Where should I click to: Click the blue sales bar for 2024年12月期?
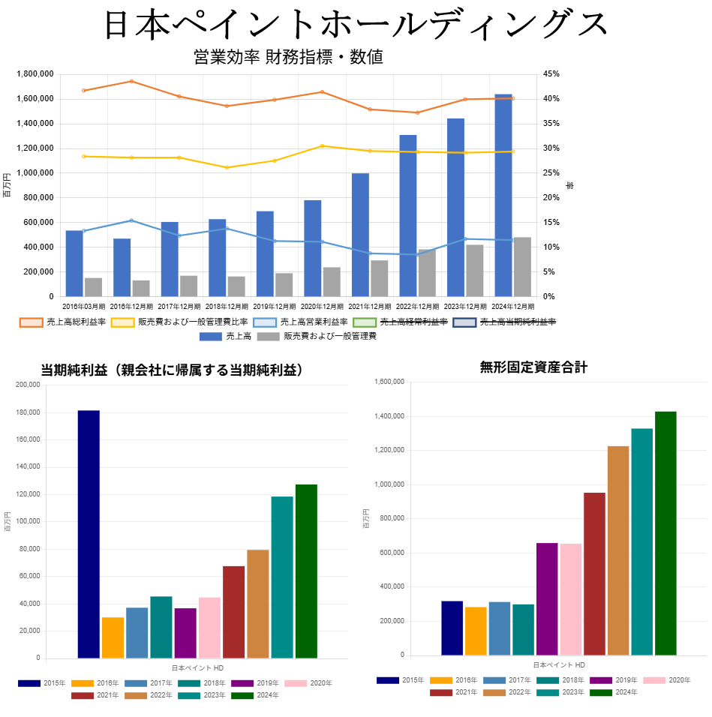[503, 195]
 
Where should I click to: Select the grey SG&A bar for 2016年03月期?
[93, 287]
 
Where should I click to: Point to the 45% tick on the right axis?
[551, 74]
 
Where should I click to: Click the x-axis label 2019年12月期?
[273, 307]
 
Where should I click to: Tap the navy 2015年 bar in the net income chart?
[89, 534]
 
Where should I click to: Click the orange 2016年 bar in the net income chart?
[113, 637]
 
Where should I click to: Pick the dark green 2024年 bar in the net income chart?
[306, 571]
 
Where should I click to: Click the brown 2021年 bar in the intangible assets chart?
[594, 574]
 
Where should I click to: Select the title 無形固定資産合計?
[533, 367]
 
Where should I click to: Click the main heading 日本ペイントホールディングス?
[356, 25]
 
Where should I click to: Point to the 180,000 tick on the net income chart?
[27, 412]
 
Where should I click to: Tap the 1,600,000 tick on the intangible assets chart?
[388, 382]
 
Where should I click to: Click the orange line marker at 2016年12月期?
[131, 81]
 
